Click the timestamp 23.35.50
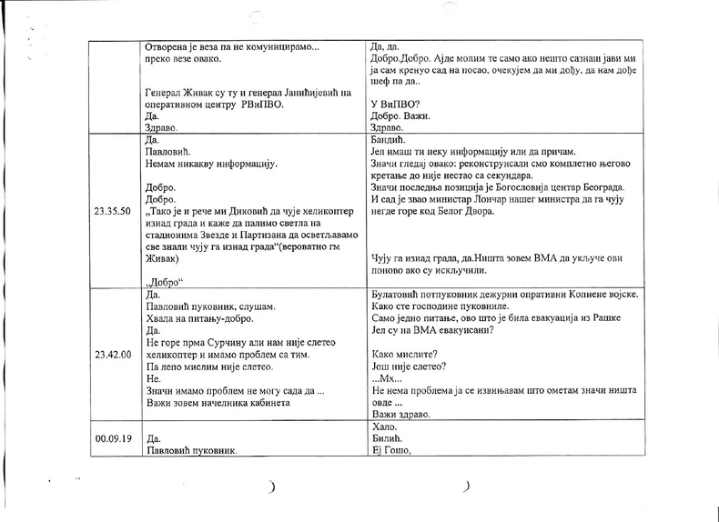pyautogui.click(x=110, y=211)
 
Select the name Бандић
pyautogui.click(x=389, y=140)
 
